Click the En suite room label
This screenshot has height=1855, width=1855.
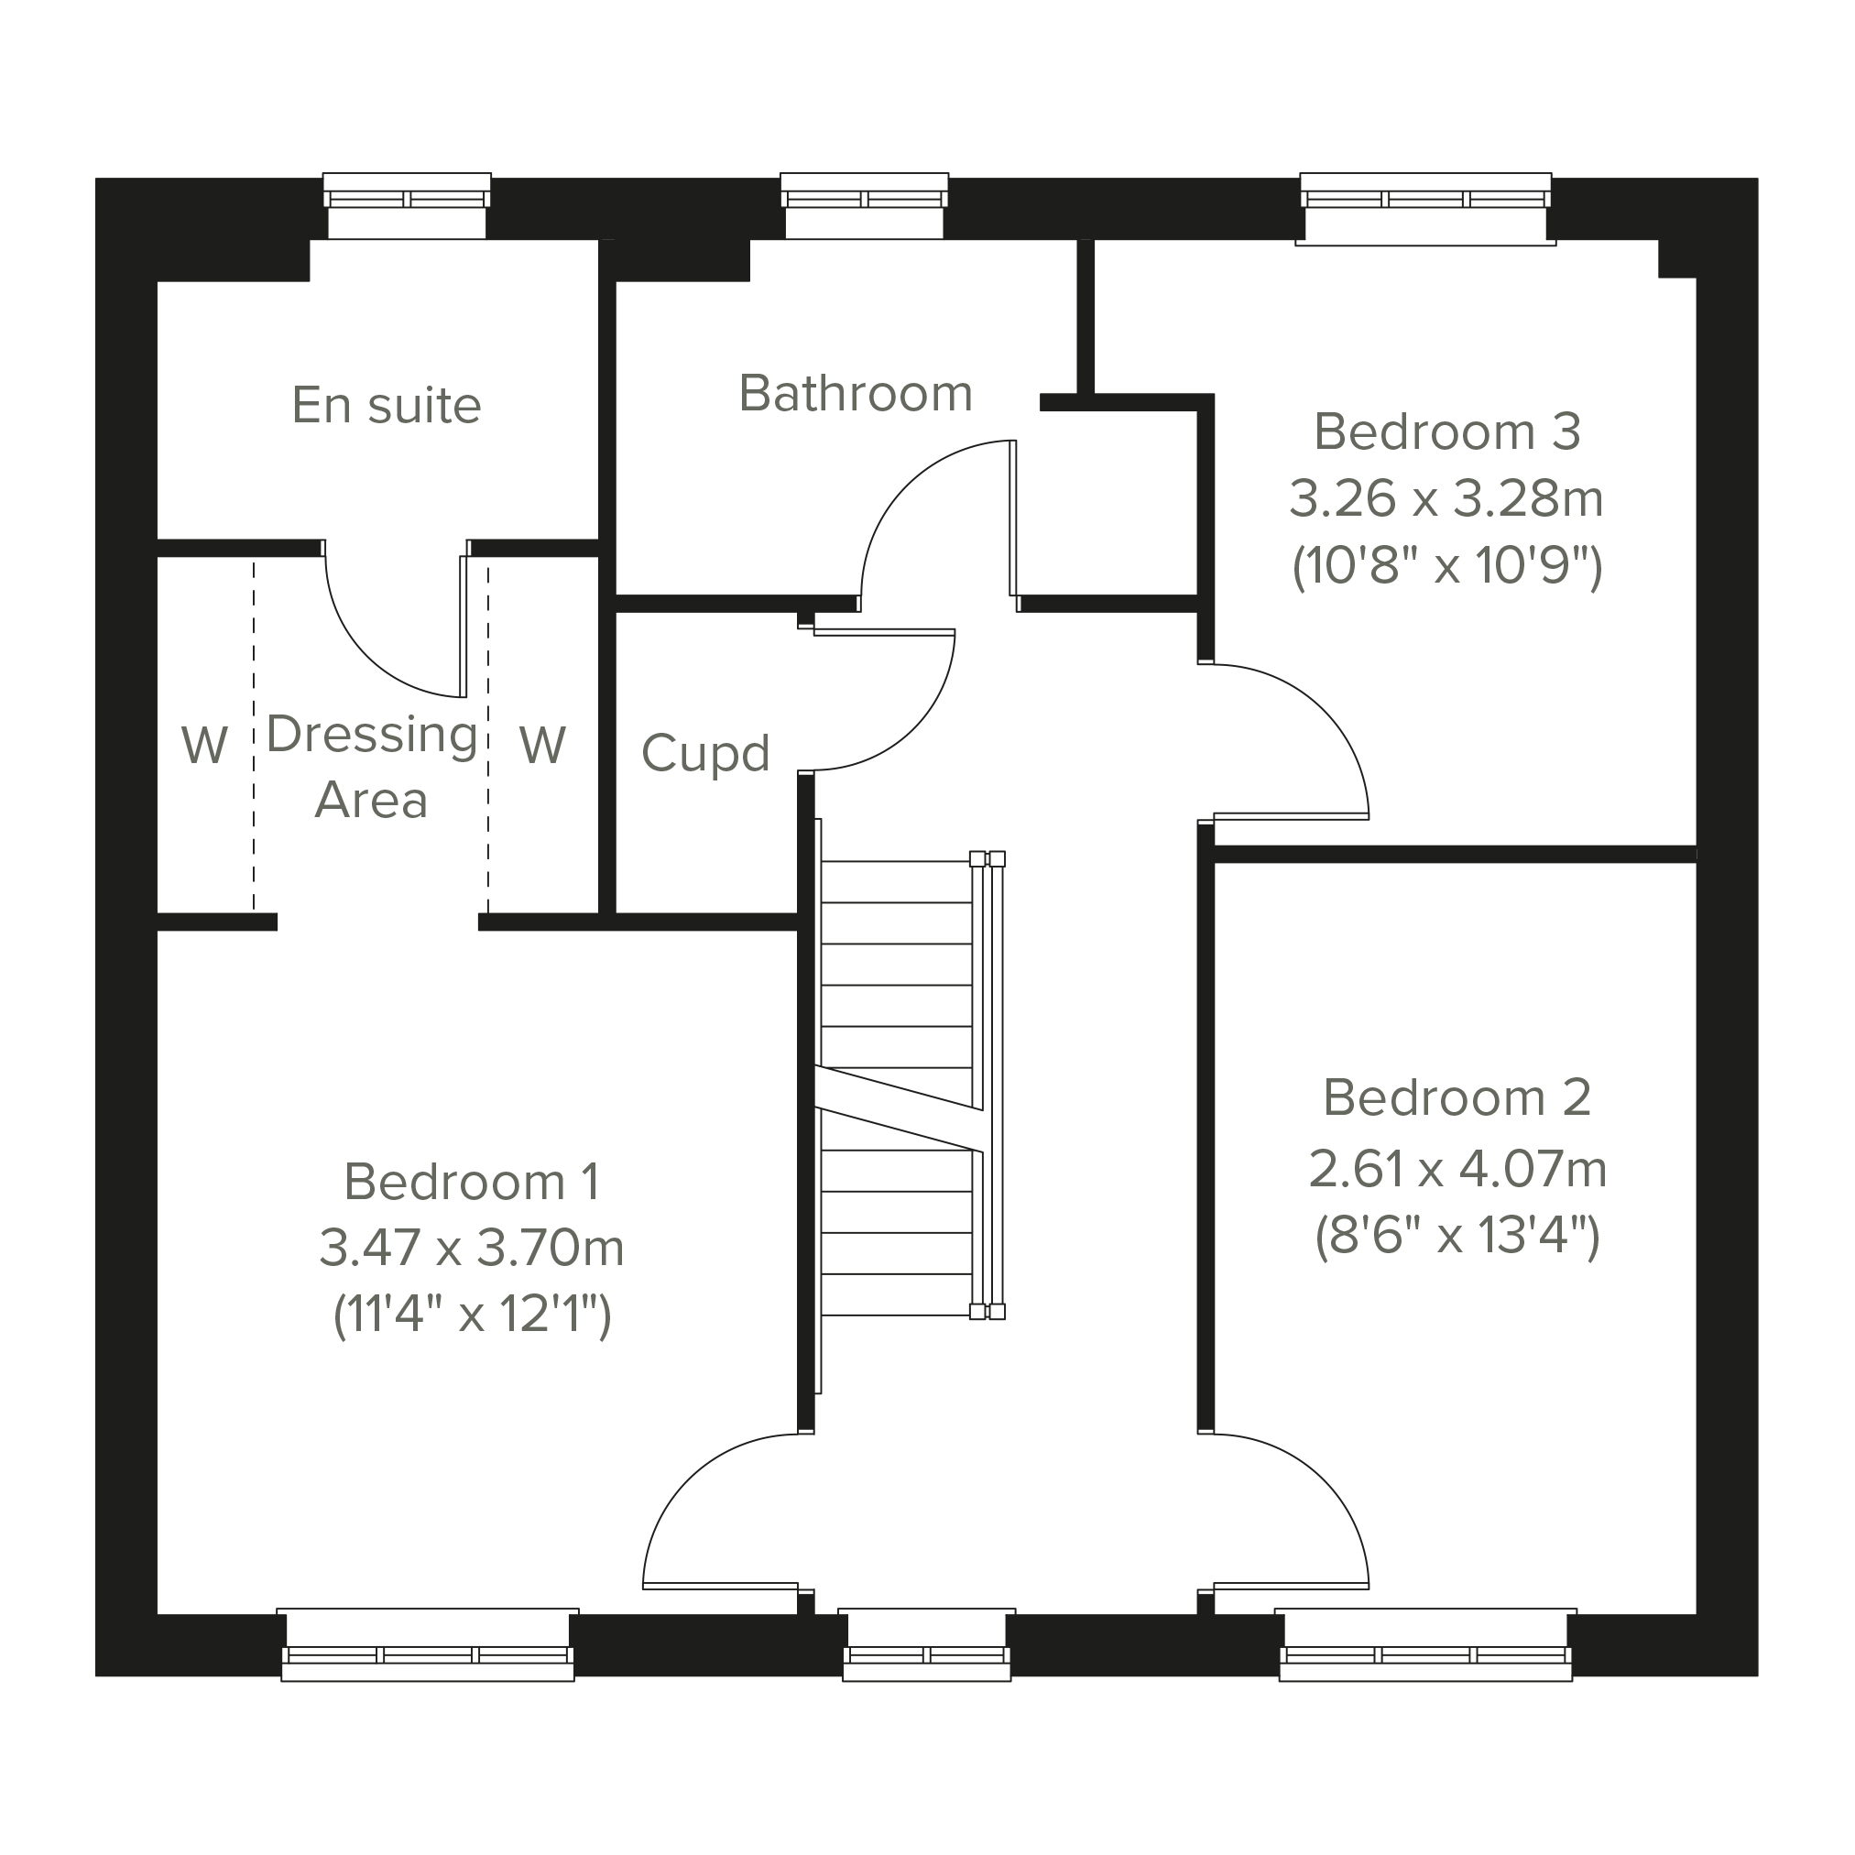click(x=387, y=405)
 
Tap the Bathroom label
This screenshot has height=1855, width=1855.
click(x=856, y=394)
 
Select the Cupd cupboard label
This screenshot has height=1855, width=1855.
click(x=705, y=754)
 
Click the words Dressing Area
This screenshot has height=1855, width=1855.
click(x=372, y=767)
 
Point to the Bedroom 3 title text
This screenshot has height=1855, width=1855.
click(x=1447, y=431)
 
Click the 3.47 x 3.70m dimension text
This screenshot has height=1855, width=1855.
click(x=472, y=1249)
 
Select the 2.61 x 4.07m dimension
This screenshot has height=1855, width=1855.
click(x=1457, y=1170)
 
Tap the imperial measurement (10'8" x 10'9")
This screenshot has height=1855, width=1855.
click(x=1448, y=566)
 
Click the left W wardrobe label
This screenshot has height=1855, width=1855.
click(x=204, y=744)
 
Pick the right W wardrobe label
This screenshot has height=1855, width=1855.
click(x=542, y=744)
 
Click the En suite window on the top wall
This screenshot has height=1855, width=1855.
click(x=407, y=205)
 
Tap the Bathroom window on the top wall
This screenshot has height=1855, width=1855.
click(x=864, y=205)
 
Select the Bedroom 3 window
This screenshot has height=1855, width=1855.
click(x=1425, y=208)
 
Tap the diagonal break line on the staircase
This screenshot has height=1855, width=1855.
click(x=899, y=1109)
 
